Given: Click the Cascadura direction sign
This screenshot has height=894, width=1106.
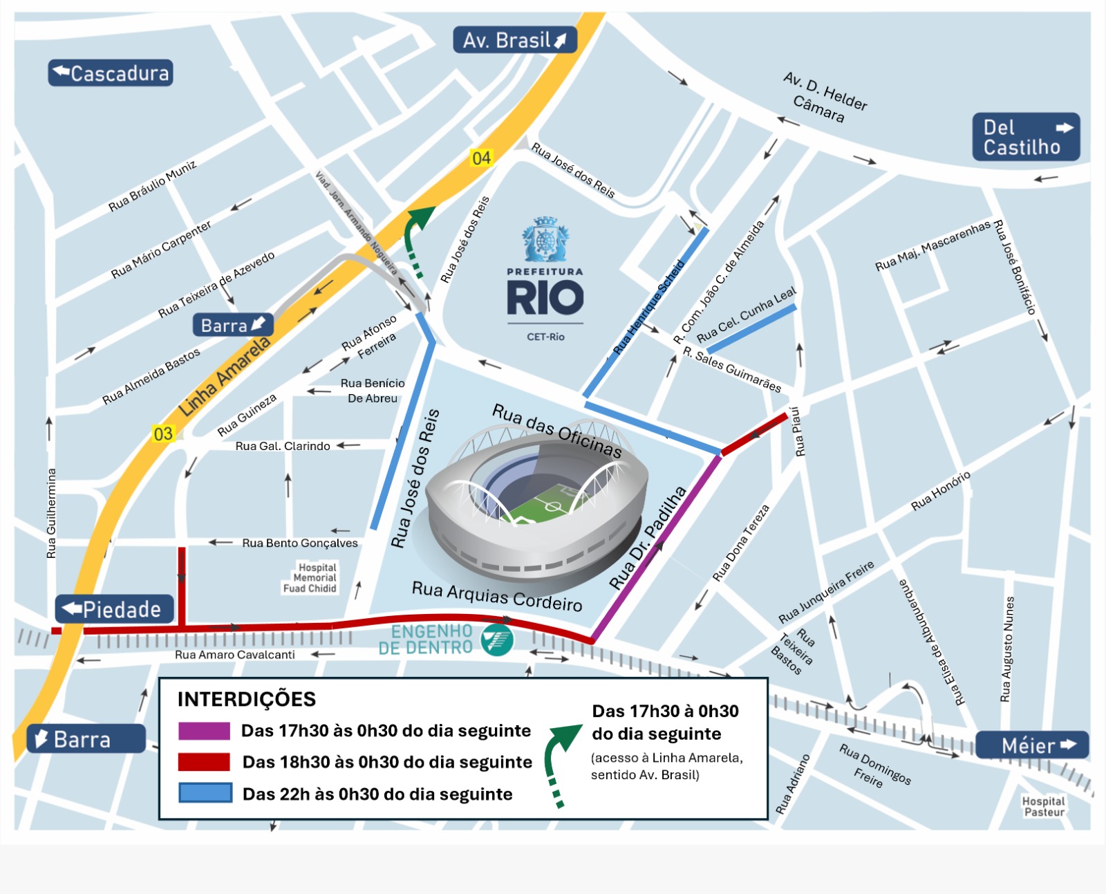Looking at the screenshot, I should click(x=110, y=73).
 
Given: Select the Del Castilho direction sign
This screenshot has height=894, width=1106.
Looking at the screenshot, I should click(x=1026, y=137).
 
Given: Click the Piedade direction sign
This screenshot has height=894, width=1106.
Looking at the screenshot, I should click(x=114, y=609).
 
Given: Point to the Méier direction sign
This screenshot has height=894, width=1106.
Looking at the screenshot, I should click(x=1032, y=745).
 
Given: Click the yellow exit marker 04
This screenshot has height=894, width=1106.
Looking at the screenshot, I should click(x=481, y=158).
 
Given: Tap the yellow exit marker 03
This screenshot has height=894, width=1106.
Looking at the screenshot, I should click(x=163, y=434).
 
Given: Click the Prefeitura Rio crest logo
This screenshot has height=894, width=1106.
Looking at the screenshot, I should click(x=545, y=239).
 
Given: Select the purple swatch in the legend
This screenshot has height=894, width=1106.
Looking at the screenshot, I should click(x=204, y=731).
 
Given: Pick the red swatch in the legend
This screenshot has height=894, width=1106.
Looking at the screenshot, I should click(x=204, y=762).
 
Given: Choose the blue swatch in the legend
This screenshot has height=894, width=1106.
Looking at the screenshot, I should click(x=205, y=793).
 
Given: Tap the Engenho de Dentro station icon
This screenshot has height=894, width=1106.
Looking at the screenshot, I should click(x=498, y=639).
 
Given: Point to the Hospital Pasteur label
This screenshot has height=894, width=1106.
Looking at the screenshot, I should click(x=1044, y=806).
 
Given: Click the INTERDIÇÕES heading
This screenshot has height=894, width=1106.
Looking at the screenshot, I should click(x=246, y=699).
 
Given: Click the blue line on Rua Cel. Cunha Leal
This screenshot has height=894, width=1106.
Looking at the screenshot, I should click(x=751, y=328).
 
